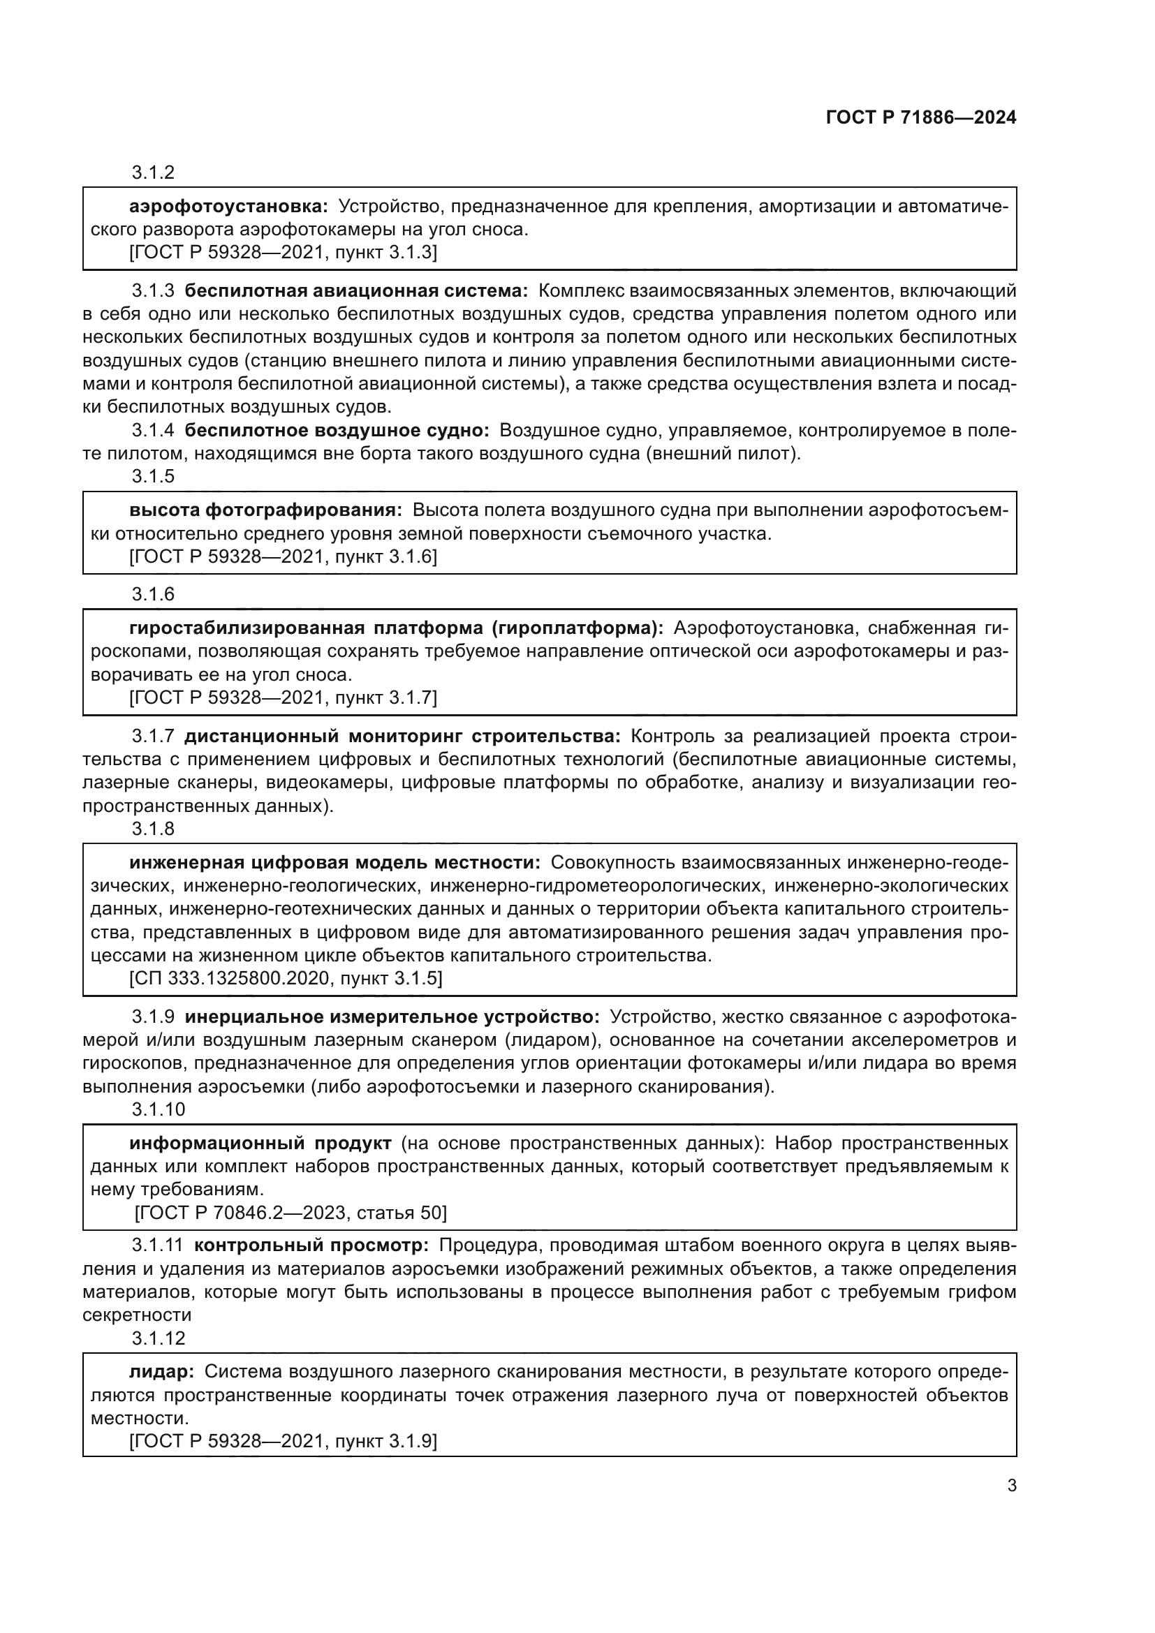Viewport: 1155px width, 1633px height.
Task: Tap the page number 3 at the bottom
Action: [1011, 1486]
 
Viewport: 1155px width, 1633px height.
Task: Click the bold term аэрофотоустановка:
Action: [228, 207]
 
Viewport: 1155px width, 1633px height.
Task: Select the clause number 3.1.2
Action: [153, 173]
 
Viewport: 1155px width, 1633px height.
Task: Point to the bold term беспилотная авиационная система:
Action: [356, 291]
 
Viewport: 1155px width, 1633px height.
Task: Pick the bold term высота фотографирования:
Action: [265, 510]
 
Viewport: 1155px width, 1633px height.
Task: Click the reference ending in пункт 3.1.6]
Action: [283, 557]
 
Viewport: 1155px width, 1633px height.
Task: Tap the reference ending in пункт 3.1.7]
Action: [283, 697]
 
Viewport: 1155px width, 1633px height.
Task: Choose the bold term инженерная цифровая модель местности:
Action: [334, 863]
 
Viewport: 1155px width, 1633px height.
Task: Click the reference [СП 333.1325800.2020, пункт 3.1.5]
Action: [285, 979]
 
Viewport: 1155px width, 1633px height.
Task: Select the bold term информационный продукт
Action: [260, 1144]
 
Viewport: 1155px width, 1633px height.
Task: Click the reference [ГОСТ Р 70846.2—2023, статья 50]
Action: [290, 1213]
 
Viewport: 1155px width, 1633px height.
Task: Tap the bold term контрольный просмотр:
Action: [311, 1246]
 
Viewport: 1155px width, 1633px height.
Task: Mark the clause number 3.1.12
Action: [158, 1338]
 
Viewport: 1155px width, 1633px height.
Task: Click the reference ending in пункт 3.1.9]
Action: [283, 1442]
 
